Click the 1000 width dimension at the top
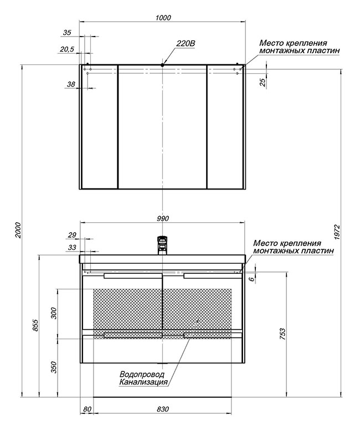pyautogui.click(x=163, y=18)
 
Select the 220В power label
pyautogui.click(x=186, y=44)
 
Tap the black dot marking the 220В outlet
pyautogui.click(x=162, y=65)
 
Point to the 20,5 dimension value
pyautogui.click(x=67, y=49)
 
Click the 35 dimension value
pyautogui.click(x=67, y=32)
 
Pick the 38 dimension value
pyautogui.click(x=71, y=84)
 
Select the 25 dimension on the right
pyautogui.click(x=263, y=82)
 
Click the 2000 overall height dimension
pyautogui.click(x=18, y=230)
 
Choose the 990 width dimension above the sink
pyautogui.click(x=163, y=218)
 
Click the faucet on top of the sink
pyautogui.click(x=162, y=245)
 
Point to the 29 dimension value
pyautogui.click(x=72, y=235)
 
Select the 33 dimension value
pyautogui.click(x=72, y=247)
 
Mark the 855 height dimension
pyautogui.click(x=35, y=325)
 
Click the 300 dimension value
pyautogui.click(x=54, y=313)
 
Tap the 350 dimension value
pyautogui.click(x=54, y=367)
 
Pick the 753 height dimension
pyautogui.click(x=282, y=334)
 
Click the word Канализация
pyautogui.click(x=143, y=382)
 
